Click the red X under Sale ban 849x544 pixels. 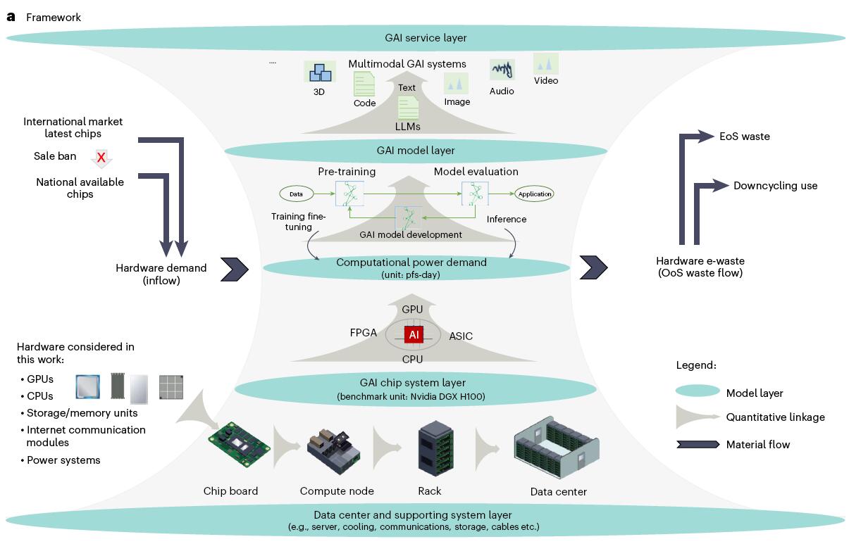click(x=101, y=158)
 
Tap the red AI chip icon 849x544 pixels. click(x=414, y=335)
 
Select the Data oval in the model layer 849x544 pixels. click(x=297, y=193)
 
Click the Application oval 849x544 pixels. click(x=535, y=194)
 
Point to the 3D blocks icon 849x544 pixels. click(x=320, y=72)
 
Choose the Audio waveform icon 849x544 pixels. click(x=502, y=70)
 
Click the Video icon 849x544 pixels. click(x=546, y=63)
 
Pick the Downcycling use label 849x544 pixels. click(x=775, y=186)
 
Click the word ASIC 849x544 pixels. click(x=461, y=336)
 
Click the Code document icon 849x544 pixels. click(x=364, y=85)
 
